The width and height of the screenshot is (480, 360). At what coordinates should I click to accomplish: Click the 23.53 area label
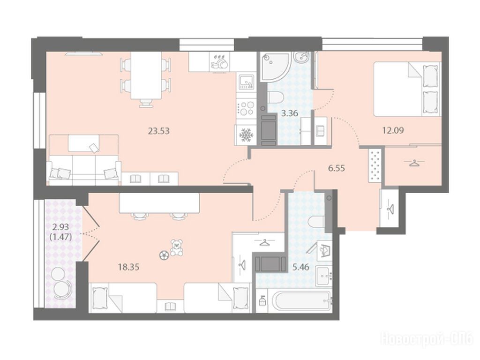(158, 131)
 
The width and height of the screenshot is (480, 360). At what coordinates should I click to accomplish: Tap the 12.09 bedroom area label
(393, 130)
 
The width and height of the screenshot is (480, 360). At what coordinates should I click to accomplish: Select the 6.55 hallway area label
(337, 168)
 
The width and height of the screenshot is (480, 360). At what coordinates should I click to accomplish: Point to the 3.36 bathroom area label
(290, 113)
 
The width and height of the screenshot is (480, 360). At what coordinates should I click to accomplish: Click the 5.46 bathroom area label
(300, 267)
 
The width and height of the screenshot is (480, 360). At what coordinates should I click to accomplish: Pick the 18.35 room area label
(128, 267)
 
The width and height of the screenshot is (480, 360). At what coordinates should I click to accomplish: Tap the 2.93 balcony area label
(60, 227)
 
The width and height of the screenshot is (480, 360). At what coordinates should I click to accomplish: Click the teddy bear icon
(176, 247)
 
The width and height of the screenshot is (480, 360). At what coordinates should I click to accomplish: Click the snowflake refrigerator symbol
(245, 135)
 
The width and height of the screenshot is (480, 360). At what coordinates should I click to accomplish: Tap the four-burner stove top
(246, 108)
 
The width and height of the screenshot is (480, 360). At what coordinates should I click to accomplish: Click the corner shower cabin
(274, 66)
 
